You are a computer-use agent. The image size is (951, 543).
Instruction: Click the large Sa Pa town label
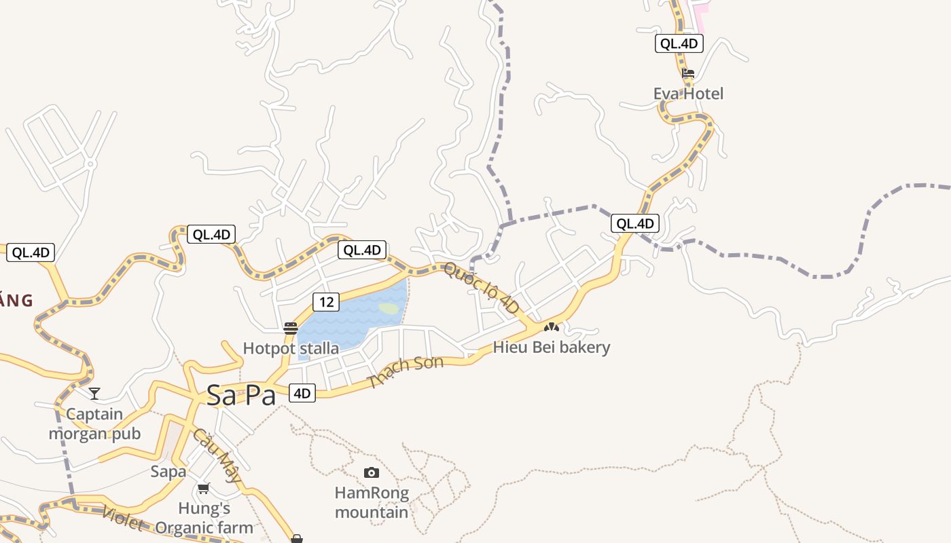pos(241,395)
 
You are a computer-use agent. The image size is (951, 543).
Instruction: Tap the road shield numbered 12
pos(327,301)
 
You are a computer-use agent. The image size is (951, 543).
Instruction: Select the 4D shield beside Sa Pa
pos(302,393)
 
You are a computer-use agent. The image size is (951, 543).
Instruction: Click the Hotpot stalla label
pos(291,349)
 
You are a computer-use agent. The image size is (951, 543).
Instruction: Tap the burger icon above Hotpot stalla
pos(291,329)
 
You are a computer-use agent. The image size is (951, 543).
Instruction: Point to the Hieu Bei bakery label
pos(552,348)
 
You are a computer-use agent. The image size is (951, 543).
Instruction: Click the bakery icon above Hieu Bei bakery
pos(551,327)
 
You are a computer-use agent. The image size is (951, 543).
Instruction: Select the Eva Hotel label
pos(688,94)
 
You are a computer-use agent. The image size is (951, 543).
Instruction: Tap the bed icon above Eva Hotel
pos(688,73)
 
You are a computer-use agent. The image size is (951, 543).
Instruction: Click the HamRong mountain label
pos(372,502)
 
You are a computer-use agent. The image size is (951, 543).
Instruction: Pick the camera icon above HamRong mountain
pos(371,472)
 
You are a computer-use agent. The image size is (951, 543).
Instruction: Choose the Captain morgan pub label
pos(94,424)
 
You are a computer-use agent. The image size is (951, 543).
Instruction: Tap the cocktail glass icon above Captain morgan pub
pos(94,394)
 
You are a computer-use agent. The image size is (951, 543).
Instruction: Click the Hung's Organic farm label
pos(204,518)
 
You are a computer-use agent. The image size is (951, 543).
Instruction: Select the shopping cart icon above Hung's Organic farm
pos(203,488)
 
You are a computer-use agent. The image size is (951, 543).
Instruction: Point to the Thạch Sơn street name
pos(406,371)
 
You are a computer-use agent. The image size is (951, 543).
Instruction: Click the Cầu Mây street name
pos(217,455)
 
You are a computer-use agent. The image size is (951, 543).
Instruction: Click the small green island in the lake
pos(389,308)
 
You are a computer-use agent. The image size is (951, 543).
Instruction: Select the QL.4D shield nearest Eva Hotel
pos(679,44)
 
